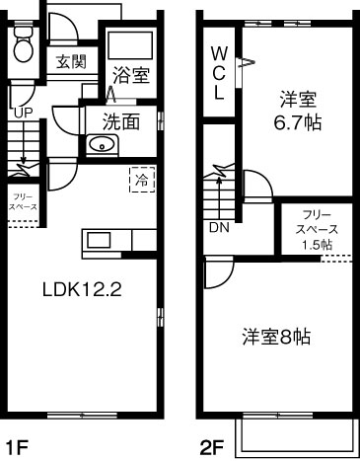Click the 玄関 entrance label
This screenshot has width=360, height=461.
[70, 62]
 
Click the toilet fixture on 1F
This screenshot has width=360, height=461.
[25, 42]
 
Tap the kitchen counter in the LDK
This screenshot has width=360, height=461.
[103, 240]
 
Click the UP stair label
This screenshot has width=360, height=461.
[23, 113]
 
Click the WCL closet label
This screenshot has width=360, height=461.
[219, 71]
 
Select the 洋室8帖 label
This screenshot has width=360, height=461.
[276, 337]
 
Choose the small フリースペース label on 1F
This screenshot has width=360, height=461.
[23, 202]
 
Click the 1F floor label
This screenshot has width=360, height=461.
[17, 446]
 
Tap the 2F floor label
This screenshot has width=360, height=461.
[211, 446]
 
